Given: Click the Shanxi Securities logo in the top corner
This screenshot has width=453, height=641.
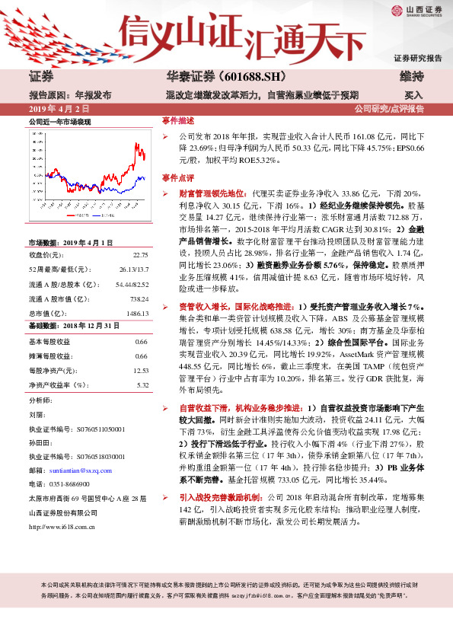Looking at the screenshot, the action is tap(416, 11).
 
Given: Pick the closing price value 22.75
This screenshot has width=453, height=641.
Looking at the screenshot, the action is tap(139, 255).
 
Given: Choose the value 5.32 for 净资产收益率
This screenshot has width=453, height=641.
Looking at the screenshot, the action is tap(142, 384).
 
